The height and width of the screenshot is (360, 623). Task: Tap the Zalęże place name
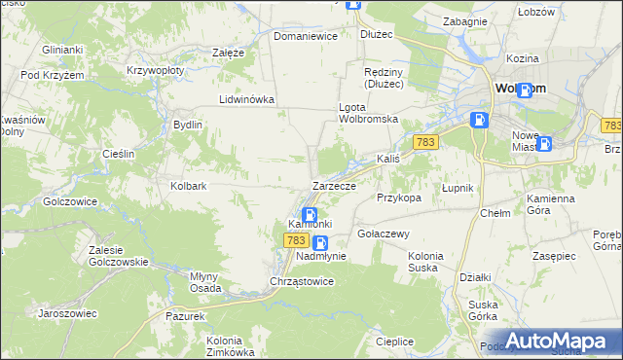pyautogui.click(x=228, y=53)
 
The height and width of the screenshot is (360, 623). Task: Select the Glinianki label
pyautogui.click(x=60, y=49)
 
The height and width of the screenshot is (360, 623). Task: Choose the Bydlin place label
pyautogui.click(x=187, y=125)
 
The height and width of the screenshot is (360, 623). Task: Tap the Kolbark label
pyautogui.click(x=189, y=185)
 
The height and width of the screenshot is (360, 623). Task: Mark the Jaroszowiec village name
pyautogui.click(x=66, y=313)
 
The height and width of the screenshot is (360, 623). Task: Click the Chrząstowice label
pyautogui.click(x=302, y=281)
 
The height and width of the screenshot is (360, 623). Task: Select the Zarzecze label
pyautogui.click(x=334, y=185)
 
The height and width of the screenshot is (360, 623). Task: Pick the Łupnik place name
pyautogui.click(x=457, y=187)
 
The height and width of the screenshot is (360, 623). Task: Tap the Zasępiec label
pyautogui.click(x=557, y=255)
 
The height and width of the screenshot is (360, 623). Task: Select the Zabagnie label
pyautogui.click(x=464, y=20)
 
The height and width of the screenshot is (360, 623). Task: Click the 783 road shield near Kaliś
pyautogui.click(x=423, y=142)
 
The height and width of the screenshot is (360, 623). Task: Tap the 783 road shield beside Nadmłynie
pyautogui.click(x=297, y=239)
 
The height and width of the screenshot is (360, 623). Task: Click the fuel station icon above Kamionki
pyautogui.click(x=310, y=216)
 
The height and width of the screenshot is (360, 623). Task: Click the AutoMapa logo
pyautogui.click(x=556, y=341)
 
